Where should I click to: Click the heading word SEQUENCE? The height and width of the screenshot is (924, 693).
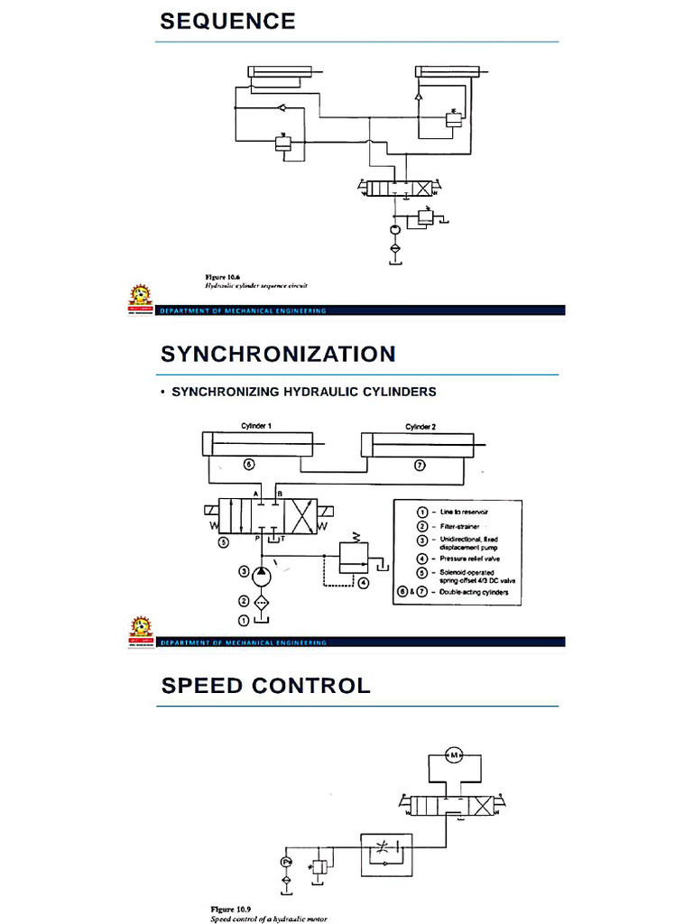click(227, 22)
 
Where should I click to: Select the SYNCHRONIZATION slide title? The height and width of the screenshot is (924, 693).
click(278, 354)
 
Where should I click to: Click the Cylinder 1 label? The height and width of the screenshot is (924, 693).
click(256, 426)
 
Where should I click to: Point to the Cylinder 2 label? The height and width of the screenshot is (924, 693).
click(420, 426)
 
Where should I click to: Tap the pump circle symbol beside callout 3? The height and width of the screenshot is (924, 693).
click(262, 572)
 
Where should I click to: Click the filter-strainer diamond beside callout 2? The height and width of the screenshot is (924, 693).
click(262, 601)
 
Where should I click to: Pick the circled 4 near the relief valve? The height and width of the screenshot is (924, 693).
click(363, 583)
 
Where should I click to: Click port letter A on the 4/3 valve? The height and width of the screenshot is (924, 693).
click(256, 494)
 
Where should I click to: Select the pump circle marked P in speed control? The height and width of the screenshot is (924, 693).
click(286, 863)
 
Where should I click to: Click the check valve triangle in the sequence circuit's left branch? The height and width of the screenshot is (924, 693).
click(282, 109)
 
